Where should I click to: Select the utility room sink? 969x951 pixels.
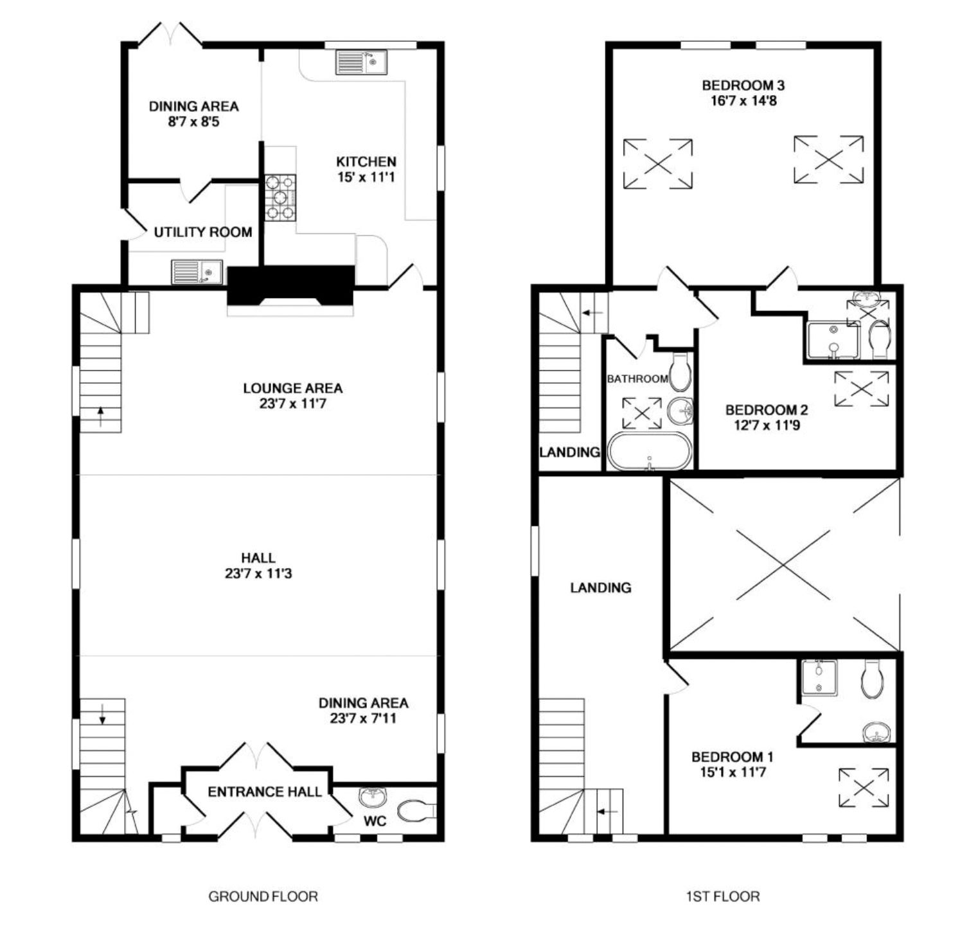click(x=197, y=272)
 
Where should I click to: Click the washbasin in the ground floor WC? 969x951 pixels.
click(x=373, y=797)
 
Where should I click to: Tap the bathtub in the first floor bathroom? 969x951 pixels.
click(x=650, y=452)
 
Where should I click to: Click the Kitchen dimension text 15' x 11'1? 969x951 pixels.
click(x=366, y=177)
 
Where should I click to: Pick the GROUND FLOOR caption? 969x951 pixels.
click(x=263, y=896)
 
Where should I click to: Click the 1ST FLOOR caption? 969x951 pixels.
click(x=722, y=896)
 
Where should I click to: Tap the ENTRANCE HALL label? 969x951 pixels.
click(x=264, y=792)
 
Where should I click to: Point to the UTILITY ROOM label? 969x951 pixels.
click(x=203, y=232)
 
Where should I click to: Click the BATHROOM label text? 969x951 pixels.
click(x=637, y=379)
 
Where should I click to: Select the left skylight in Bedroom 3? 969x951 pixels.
click(x=658, y=164)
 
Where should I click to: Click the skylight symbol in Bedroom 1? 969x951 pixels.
click(x=865, y=788)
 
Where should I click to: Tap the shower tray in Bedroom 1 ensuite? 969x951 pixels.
click(x=820, y=677)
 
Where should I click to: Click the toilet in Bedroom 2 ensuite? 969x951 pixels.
click(x=878, y=339)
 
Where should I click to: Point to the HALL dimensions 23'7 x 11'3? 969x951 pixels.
click(x=258, y=573)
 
